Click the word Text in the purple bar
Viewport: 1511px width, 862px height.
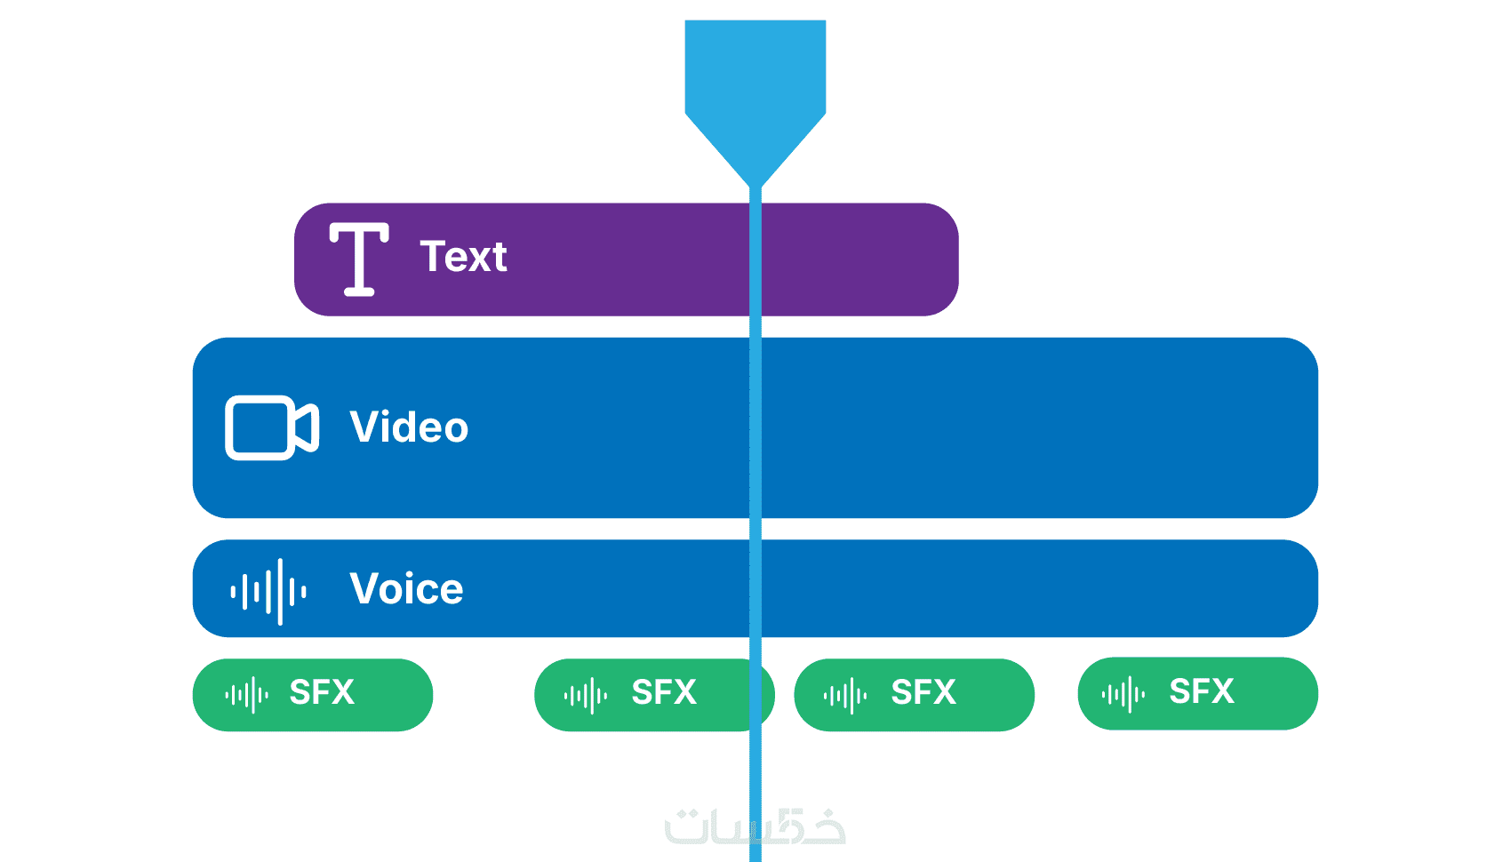point(463,256)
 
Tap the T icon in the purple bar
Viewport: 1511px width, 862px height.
point(359,259)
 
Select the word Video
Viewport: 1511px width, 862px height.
point(409,427)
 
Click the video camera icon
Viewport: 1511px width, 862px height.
point(272,427)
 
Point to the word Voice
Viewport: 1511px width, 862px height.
point(406,589)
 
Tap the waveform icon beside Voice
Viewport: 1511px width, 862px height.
point(268,592)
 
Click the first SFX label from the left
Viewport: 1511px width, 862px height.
point(322,692)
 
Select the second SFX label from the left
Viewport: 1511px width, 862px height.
point(664,692)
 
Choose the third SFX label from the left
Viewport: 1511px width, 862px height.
point(923,692)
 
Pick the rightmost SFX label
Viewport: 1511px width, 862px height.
point(1202,690)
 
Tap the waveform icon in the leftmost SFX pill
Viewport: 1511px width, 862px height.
point(247,695)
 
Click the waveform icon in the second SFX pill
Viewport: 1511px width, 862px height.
point(586,695)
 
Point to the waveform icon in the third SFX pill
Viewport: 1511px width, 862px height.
point(845,695)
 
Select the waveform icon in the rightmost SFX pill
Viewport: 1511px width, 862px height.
point(1123,693)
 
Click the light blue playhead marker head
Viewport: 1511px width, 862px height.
point(755,102)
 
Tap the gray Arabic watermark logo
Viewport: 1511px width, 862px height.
point(755,826)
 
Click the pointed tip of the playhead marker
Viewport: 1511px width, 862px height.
point(755,187)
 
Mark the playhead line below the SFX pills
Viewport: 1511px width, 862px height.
point(755,796)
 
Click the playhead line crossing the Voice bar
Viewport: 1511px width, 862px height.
point(755,588)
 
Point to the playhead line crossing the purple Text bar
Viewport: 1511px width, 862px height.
point(755,259)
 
